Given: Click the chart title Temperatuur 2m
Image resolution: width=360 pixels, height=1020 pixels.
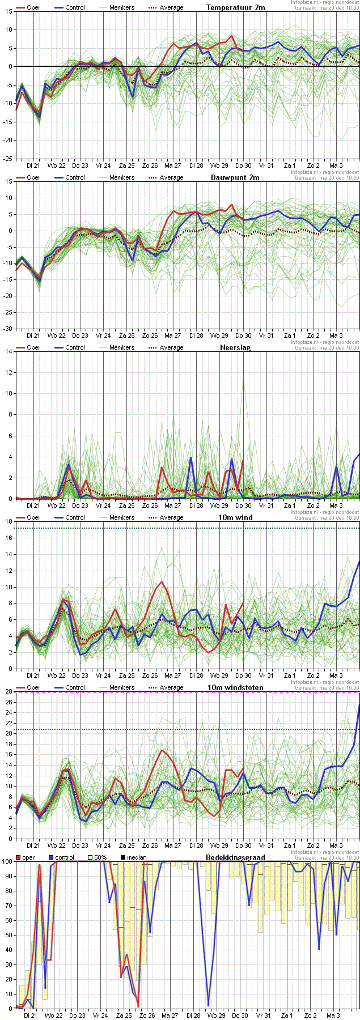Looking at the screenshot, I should point(235,7).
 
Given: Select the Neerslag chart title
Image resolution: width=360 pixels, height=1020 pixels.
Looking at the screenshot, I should point(235,347).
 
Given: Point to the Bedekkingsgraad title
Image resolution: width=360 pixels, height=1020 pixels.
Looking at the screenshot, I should point(235,857).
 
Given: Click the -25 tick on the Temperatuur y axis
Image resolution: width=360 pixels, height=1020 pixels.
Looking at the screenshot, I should point(8,158).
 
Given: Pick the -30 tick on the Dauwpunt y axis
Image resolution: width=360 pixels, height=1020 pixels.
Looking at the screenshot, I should point(8,328).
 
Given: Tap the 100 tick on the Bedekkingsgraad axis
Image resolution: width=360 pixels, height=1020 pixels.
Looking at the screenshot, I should point(7,861).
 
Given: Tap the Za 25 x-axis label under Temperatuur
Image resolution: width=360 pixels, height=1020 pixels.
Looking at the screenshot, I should point(127,165).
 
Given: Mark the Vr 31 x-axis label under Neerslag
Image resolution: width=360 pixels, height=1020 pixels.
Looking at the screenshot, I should point(266,505).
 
